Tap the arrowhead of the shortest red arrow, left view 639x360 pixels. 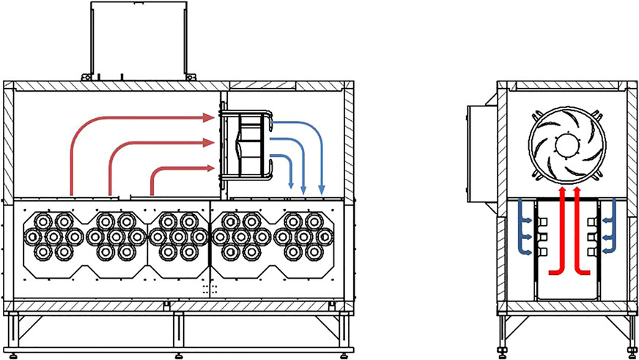[211, 168]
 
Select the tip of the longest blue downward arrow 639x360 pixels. [321, 191]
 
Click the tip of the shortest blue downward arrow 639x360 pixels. [292, 186]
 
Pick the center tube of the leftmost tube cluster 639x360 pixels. [53, 236]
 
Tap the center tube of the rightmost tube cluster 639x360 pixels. [304, 236]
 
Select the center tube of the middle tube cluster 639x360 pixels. [178, 236]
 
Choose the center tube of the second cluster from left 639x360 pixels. [116, 236]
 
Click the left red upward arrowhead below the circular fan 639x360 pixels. [562, 191]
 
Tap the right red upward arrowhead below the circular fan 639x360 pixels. [577, 191]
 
